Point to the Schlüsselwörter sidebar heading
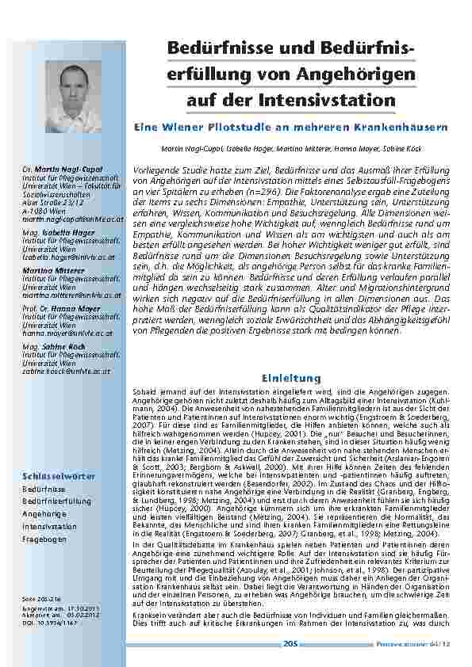pyautogui.click(x=59, y=475)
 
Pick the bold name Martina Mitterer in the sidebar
pyautogui.click(x=55, y=269)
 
